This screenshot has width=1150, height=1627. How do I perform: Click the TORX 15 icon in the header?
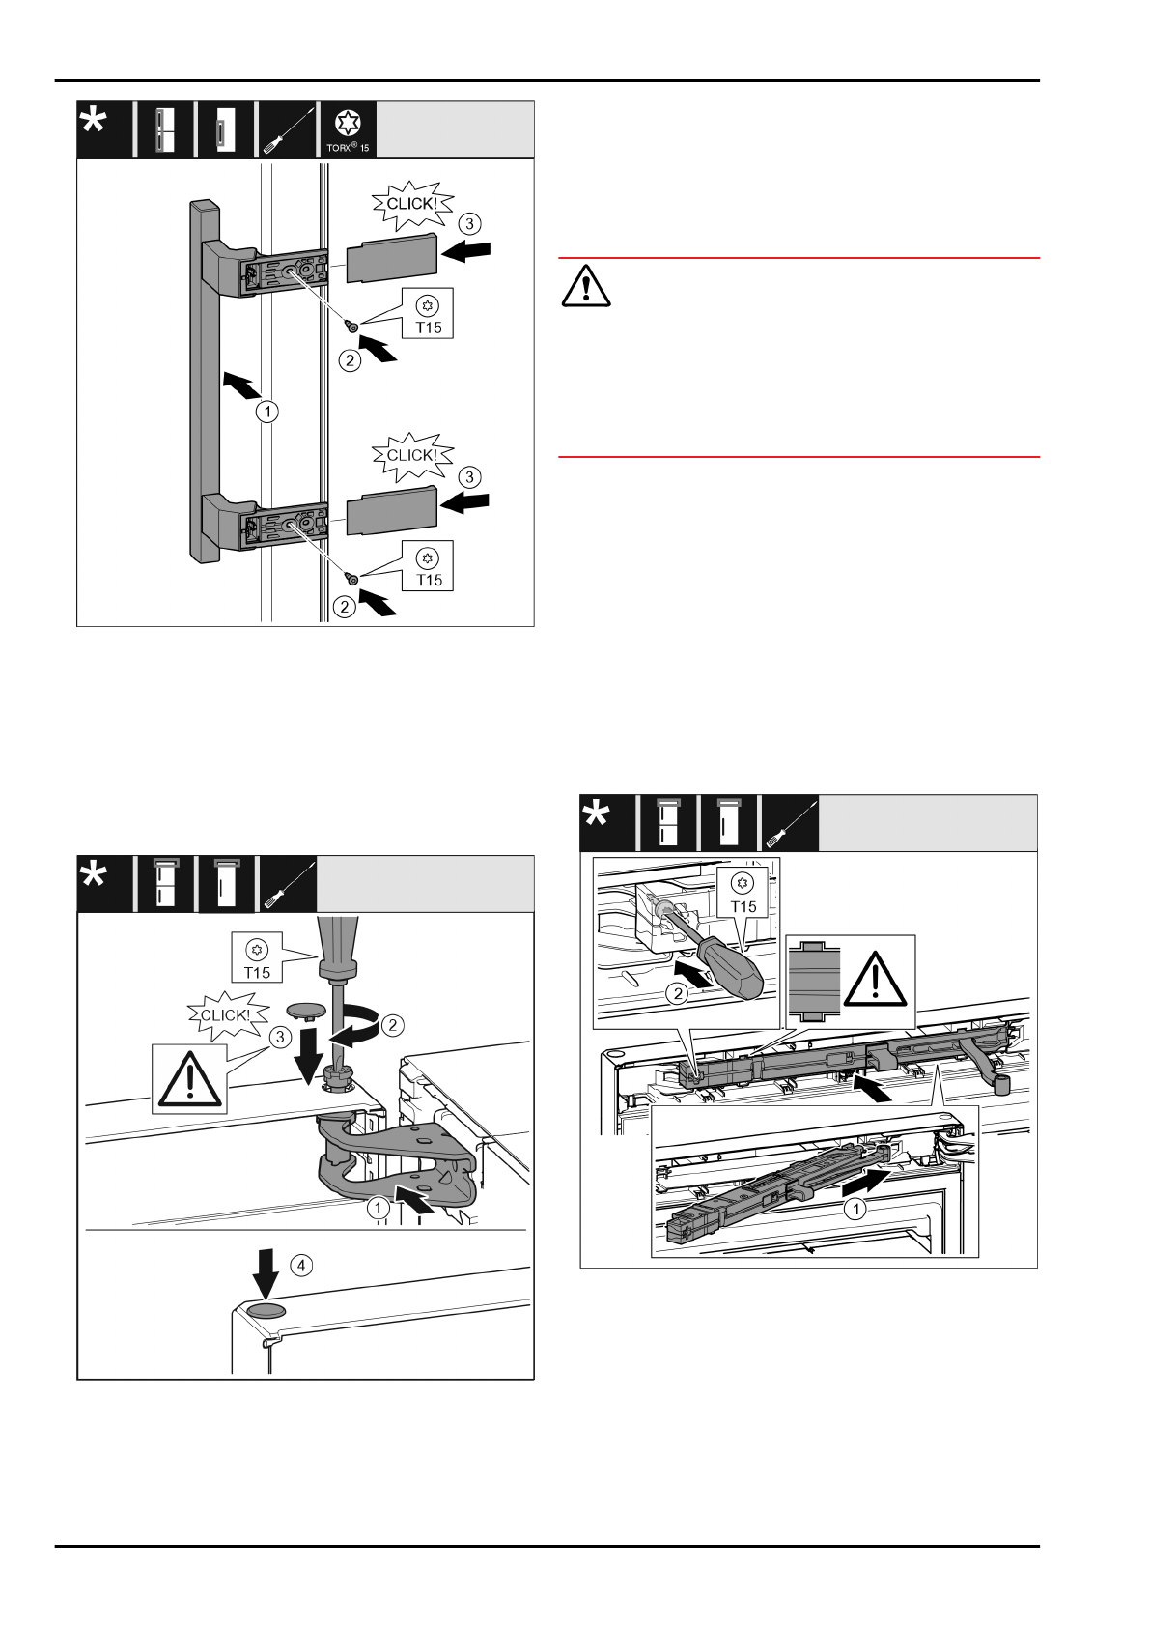(x=347, y=130)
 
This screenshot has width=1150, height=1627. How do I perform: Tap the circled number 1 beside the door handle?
(x=267, y=412)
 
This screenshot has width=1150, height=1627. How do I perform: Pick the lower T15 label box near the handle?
(x=429, y=568)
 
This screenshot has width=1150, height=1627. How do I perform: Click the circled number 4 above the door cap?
(x=301, y=1265)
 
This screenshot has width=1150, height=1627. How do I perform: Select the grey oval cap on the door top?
(x=268, y=1310)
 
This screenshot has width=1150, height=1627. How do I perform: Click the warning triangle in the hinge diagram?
(x=189, y=1078)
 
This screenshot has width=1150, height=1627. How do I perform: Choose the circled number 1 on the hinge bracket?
(x=378, y=1207)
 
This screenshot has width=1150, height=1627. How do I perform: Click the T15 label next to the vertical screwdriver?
(x=257, y=960)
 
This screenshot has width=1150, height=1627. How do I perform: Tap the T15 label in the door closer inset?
(x=743, y=894)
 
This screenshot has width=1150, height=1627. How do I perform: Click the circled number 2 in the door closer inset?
(x=679, y=992)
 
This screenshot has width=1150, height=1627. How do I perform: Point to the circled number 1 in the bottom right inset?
(x=855, y=1208)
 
